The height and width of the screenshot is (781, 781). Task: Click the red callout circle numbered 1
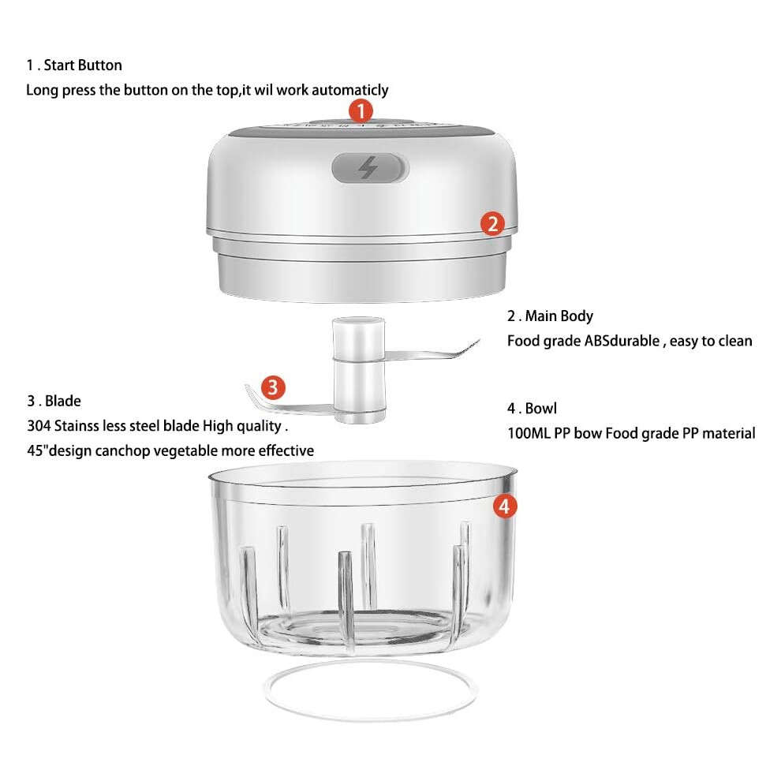tap(361, 110)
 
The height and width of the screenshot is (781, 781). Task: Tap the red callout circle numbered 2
tap(492, 223)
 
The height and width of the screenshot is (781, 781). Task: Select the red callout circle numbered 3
tap(273, 387)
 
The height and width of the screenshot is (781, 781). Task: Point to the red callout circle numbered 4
tap(505, 506)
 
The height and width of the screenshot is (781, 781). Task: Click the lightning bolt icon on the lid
tap(368, 167)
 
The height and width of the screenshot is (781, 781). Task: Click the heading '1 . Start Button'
tap(74, 65)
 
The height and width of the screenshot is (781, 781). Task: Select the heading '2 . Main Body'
tap(551, 316)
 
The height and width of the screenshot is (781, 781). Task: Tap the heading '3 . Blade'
tap(54, 401)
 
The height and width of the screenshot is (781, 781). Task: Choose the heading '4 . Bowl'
tap(532, 409)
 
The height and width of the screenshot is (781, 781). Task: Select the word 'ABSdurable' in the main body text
tap(622, 341)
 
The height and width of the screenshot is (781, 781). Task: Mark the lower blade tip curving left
tap(247, 386)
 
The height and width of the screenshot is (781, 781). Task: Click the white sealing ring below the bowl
tap(371, 717)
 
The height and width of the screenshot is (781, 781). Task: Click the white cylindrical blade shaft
tap(359, 369)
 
